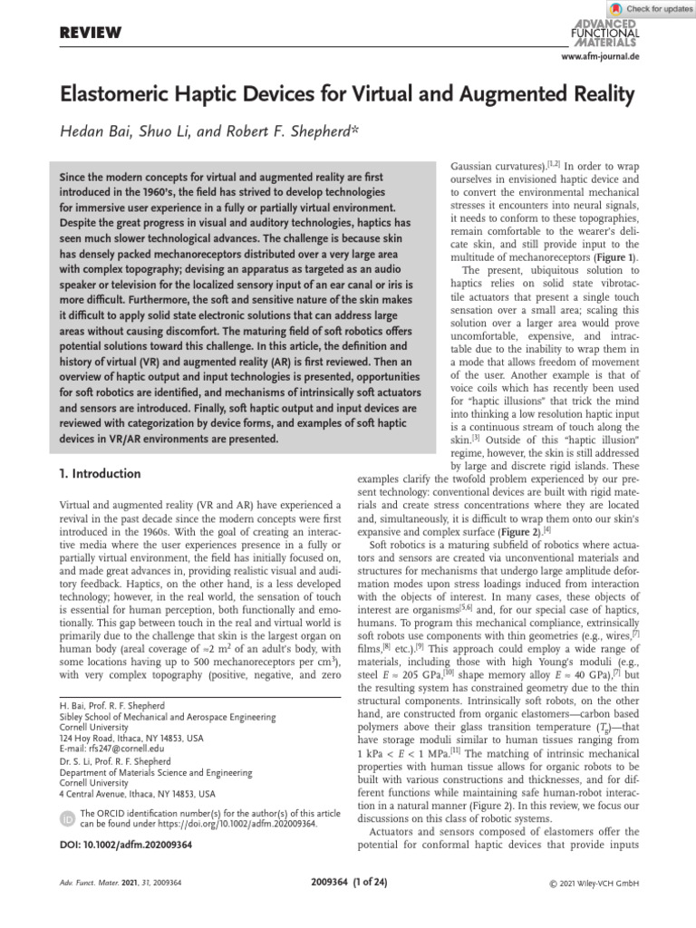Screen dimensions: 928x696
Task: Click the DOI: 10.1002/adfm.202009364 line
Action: (125, 820)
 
